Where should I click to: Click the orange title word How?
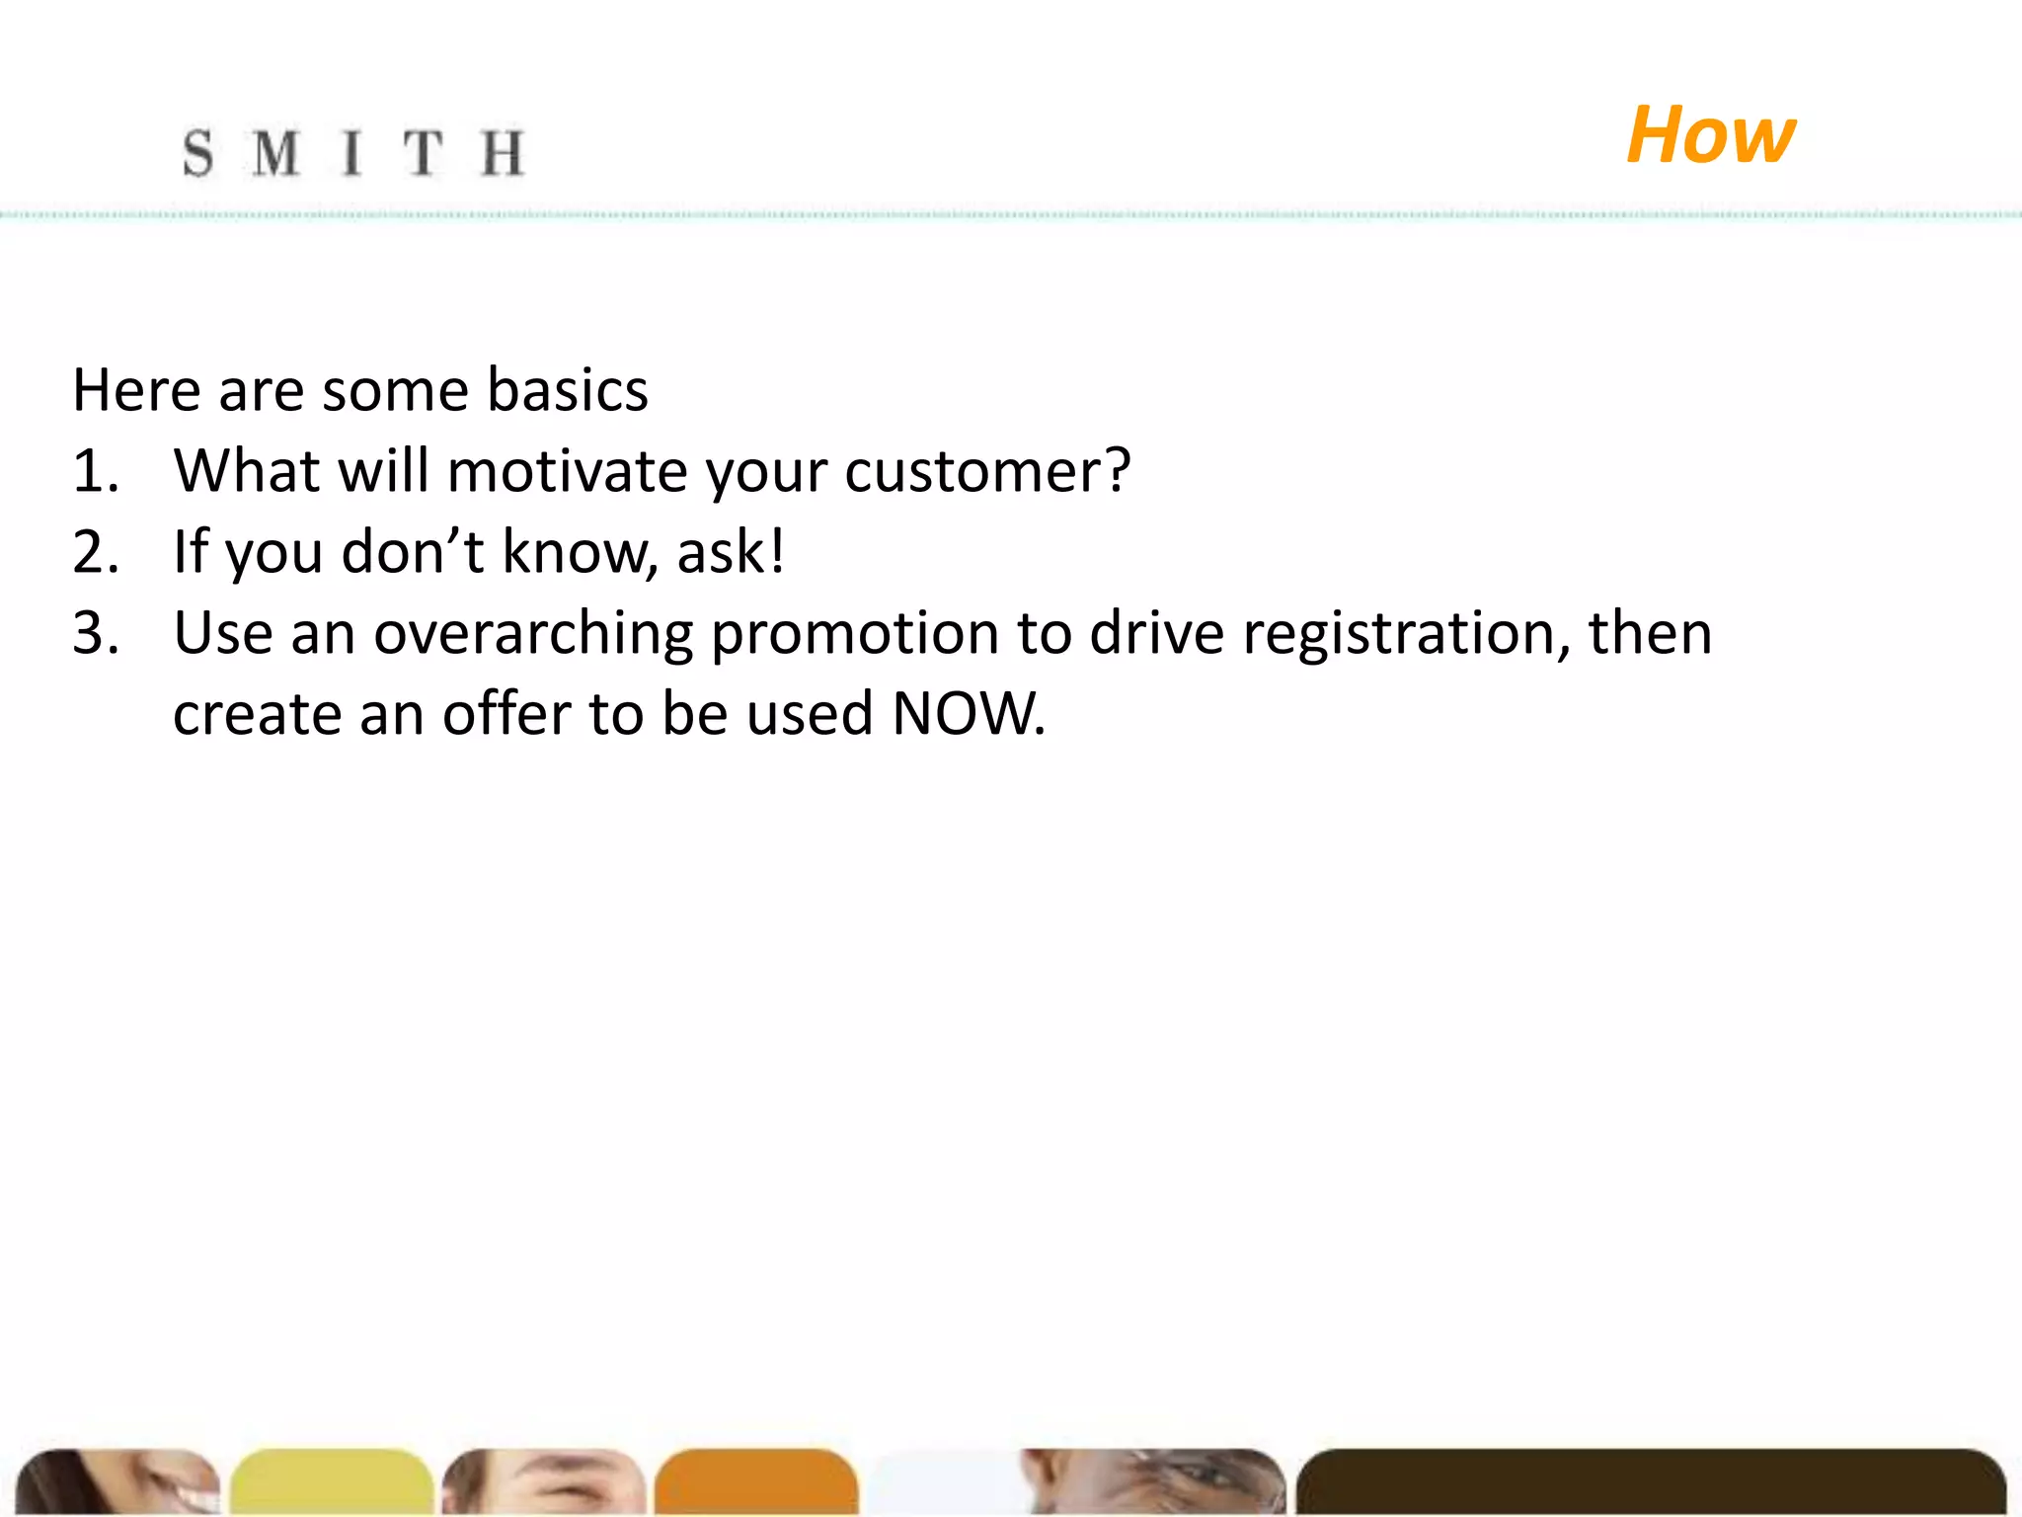1710,135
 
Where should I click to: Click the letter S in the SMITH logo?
197,154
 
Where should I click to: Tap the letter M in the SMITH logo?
275,154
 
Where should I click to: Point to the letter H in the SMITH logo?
503,154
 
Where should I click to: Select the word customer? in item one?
987,471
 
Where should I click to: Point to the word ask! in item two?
731,552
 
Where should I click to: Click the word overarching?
533,633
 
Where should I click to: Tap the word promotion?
855,633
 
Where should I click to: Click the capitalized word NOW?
968,714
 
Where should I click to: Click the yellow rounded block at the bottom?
332,1481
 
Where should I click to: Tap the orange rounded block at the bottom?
756,1481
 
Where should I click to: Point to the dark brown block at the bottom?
1649,1481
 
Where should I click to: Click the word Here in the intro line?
136,390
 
